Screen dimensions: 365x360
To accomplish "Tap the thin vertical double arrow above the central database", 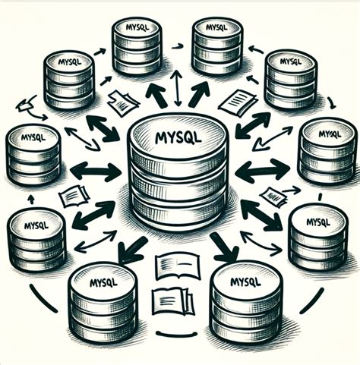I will coord(177,87).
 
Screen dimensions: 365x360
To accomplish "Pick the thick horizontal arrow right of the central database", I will coord(259,171).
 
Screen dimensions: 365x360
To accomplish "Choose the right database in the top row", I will coord(217,46).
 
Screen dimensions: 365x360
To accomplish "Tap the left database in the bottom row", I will coord(102,304).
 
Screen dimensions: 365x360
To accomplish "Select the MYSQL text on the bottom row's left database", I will coord(103,283).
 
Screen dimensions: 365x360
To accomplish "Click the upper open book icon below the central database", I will coord(176,266).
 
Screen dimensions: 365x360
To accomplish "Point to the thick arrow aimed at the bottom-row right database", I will coord(225,247).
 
